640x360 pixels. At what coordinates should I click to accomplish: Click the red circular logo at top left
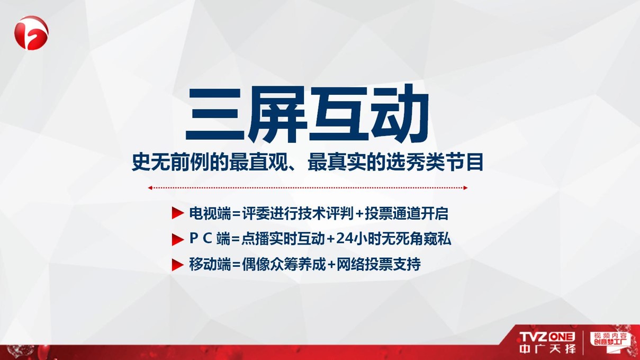31,33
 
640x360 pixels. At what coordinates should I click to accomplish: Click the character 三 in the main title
215,114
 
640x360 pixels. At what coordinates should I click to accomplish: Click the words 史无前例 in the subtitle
170,163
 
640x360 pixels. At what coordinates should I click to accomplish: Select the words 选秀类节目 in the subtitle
435,163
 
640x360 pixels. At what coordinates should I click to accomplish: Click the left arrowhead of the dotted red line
150,188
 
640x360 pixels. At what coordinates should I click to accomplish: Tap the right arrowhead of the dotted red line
465,188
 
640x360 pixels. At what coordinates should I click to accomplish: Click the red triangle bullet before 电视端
177,213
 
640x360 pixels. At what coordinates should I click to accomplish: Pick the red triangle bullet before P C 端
177,239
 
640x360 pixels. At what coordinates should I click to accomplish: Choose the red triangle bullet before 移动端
177,265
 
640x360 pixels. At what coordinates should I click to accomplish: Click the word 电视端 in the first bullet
210,213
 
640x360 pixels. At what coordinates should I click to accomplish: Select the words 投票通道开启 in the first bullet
406,213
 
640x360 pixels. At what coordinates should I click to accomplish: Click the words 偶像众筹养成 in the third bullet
284,264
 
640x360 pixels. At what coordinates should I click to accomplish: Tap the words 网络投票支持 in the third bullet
378,264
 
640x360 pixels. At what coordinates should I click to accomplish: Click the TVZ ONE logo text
547,337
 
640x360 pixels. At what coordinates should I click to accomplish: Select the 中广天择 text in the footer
547,349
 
